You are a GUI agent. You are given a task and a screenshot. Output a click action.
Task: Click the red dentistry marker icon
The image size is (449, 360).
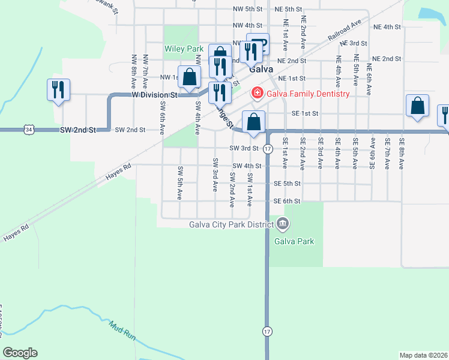[257, 92]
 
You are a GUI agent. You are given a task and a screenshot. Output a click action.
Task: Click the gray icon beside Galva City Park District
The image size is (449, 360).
[283, 225]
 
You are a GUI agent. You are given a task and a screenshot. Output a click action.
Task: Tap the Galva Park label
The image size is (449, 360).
[294, 241]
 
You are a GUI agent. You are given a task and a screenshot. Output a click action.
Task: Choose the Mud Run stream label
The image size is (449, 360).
[123, 330]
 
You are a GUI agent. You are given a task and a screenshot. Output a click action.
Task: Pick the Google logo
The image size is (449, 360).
[20, 353]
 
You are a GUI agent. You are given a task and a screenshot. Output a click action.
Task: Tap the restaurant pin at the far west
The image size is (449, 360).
[58, 90]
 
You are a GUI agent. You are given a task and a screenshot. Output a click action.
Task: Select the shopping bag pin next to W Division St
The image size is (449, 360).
[190, 77]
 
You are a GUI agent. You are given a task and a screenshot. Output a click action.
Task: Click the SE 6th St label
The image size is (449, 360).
[287, 201]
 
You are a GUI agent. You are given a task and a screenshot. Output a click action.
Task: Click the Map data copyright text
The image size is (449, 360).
[424, 355]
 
